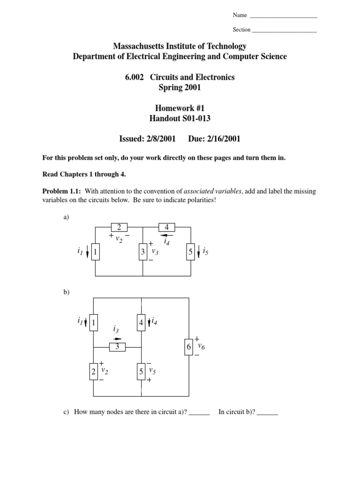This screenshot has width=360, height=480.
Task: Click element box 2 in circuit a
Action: point(119,228)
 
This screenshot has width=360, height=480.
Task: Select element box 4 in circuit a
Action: point(167,228)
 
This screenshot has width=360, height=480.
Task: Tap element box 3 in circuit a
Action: point(142,253)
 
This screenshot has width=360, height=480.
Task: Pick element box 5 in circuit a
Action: point(190,253)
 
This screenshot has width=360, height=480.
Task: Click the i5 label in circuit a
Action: point(205,253)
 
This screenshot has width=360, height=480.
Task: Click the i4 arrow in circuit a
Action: point(167,235)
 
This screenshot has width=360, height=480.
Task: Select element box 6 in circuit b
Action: point(189,347)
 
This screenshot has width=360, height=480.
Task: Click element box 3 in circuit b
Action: point(118,347)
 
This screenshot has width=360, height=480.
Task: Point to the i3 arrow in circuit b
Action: point(117,338)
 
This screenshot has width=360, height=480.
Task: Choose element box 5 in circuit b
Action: point(141,372)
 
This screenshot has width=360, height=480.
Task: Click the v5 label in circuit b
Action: point(152,372)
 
